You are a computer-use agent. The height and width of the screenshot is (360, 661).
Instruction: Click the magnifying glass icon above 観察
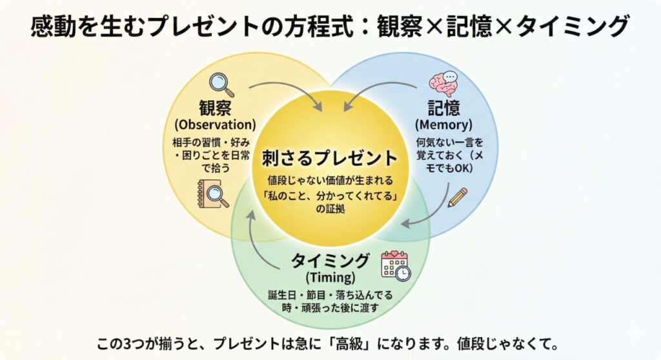point(221,85)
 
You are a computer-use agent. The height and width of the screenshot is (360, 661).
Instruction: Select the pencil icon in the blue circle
point(457,197)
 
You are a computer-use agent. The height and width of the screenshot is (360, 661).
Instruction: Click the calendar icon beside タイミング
point(394,265)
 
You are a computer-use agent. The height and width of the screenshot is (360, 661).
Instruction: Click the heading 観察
point(215,107)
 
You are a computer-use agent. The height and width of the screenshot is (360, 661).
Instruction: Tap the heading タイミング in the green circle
point(330,261)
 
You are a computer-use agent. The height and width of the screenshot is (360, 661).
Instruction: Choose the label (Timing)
point(330,278)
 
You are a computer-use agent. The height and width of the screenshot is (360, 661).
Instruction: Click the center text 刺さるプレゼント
point(330,157)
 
